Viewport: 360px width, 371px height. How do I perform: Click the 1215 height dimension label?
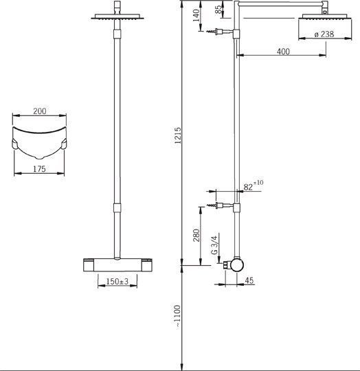point(177,135)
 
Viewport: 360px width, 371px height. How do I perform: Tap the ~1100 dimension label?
point(177,316)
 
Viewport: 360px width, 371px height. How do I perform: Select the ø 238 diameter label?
point(324,34)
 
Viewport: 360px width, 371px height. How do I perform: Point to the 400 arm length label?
point(283,52)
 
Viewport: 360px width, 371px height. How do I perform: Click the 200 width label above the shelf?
point(39,111)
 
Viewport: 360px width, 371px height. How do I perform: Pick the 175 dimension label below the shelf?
point(39,169)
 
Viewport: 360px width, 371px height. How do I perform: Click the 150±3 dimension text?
point(117,282)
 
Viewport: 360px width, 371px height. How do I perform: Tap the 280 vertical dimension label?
point(196,235)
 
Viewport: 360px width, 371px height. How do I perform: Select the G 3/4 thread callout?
point(214,245)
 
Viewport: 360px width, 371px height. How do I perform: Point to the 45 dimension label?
point(249,280)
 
